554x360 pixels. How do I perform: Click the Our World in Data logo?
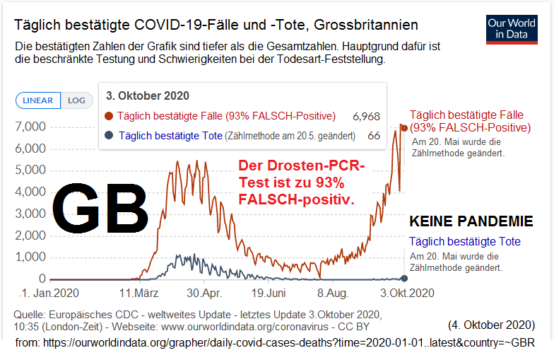512,28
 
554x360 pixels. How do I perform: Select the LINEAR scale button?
38,100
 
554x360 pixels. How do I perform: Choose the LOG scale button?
76,100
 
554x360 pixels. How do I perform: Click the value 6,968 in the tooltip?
367,116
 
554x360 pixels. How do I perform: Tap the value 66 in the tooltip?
374,136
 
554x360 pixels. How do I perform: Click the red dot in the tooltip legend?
109,116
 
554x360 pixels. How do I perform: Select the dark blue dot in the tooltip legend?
109,136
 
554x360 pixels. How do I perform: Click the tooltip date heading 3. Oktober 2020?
147,95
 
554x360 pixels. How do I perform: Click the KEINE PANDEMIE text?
471,222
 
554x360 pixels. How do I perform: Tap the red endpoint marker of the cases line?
404,127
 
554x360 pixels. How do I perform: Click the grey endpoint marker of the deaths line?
404,278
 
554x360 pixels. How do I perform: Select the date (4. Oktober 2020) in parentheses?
490,325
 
